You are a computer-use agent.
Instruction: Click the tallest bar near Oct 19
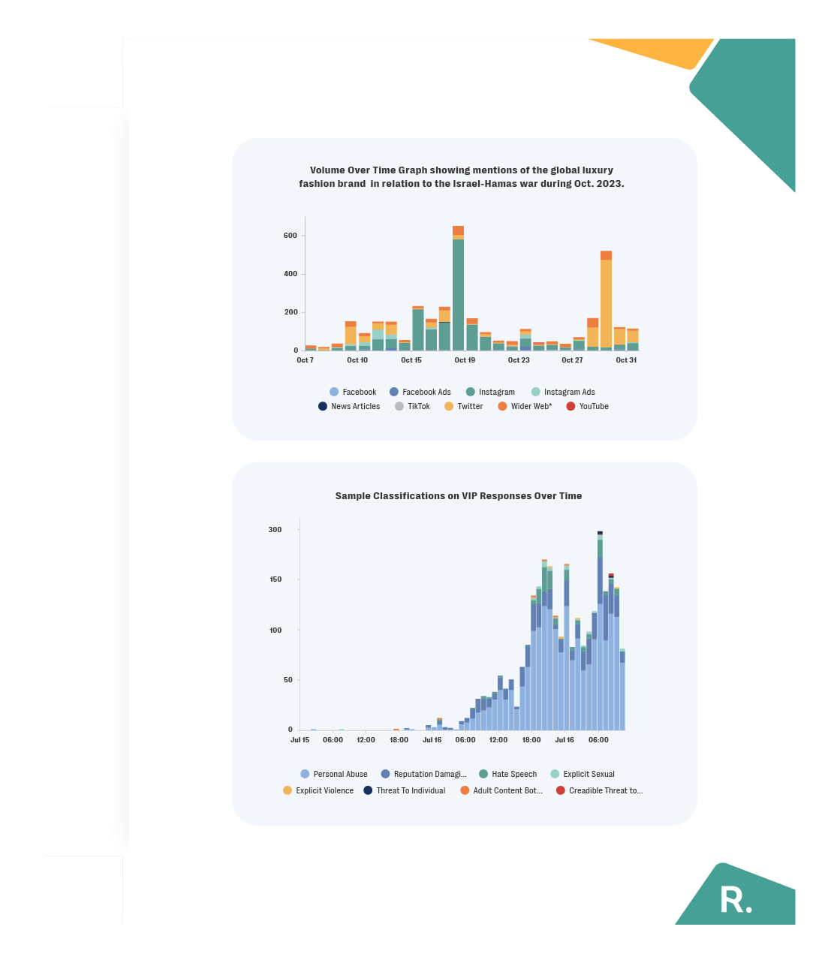click(x=458, y=293)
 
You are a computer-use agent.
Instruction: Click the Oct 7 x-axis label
click(x=305, y=360)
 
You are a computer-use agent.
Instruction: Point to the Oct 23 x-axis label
click(x=519, y=360)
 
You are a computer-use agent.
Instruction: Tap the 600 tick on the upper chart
click(x=291, y=236)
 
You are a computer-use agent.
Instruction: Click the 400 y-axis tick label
click(x=291, y=274)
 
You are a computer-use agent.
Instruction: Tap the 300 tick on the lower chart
click(x=275, y=530)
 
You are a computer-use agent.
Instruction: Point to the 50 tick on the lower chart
click(x=288, y=680)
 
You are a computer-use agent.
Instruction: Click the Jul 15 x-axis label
click(x=300, y=740)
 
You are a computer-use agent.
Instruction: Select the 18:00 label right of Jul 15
click(x=399, y=740)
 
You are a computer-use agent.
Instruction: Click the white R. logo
click(x=736, y=900)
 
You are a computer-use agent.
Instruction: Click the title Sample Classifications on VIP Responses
click(x=458, y=496)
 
